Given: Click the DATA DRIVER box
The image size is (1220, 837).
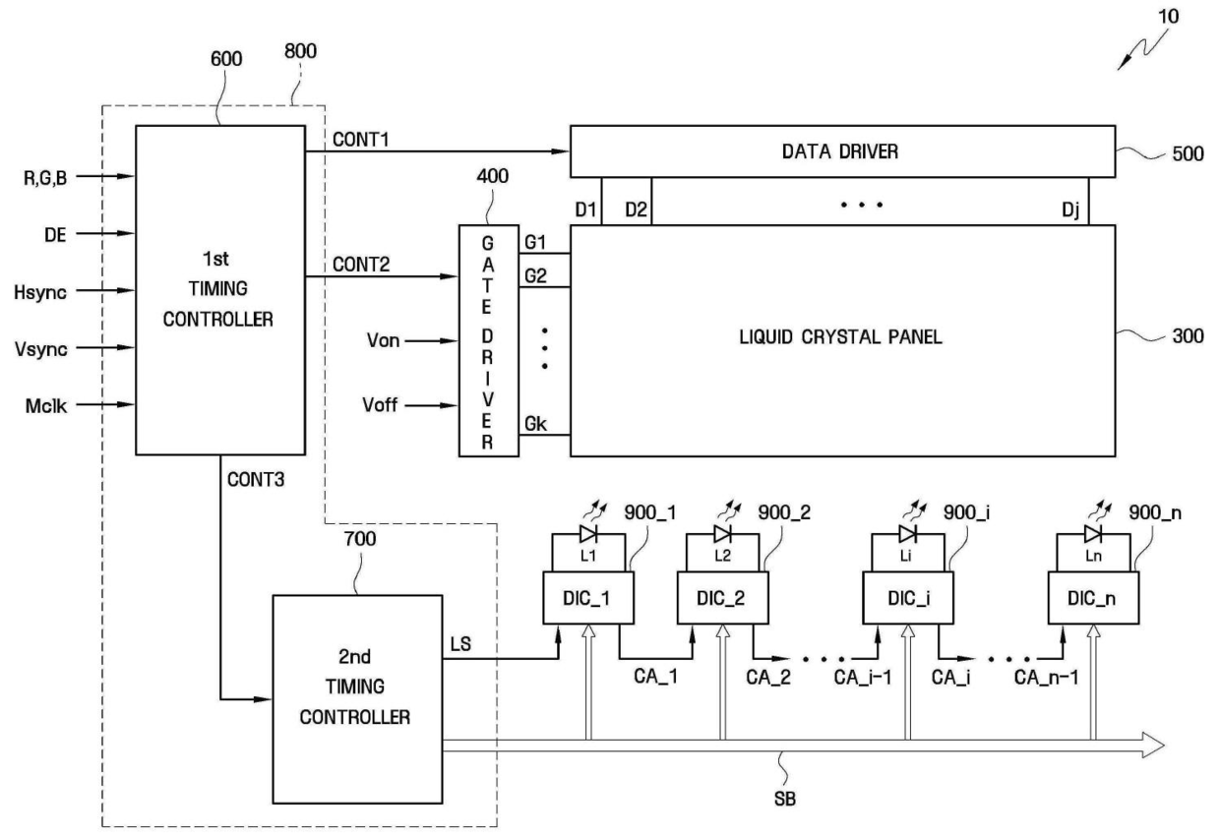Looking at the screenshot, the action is coord(842,151).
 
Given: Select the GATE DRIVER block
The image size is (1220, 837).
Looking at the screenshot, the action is coord(489,340).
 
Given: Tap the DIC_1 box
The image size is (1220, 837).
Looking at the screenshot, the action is coord(588,598).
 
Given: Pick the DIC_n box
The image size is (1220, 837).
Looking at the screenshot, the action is coord(1093,598).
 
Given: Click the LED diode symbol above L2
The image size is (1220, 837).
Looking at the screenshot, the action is coord(723,534).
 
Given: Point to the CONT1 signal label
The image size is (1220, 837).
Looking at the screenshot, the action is coord(360,140).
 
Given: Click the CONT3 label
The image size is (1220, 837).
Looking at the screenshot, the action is coord(256,479).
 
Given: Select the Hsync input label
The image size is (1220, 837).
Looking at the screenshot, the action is coord(40,292).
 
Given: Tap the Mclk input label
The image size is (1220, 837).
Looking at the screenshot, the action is coord(45,405).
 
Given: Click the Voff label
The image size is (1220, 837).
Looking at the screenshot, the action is coord(380,405).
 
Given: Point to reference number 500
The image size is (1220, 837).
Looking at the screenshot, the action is coord(1188,154).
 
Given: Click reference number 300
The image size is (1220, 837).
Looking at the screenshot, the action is coord(1188,336).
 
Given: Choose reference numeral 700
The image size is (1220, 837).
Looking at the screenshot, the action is coord(360,539).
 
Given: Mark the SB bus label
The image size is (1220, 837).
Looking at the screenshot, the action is coord(785,799).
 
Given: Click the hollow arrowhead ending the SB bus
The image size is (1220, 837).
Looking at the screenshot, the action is coord(1153,746).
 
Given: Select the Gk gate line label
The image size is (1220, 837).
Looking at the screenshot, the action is coord(535,424).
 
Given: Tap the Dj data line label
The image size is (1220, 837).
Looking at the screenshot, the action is coord(1070,210).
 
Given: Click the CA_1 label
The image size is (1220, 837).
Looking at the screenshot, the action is coord(655,677).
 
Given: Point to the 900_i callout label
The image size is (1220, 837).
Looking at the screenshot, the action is coord(966,512).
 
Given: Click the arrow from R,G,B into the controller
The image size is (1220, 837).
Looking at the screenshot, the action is coord(105,176).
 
